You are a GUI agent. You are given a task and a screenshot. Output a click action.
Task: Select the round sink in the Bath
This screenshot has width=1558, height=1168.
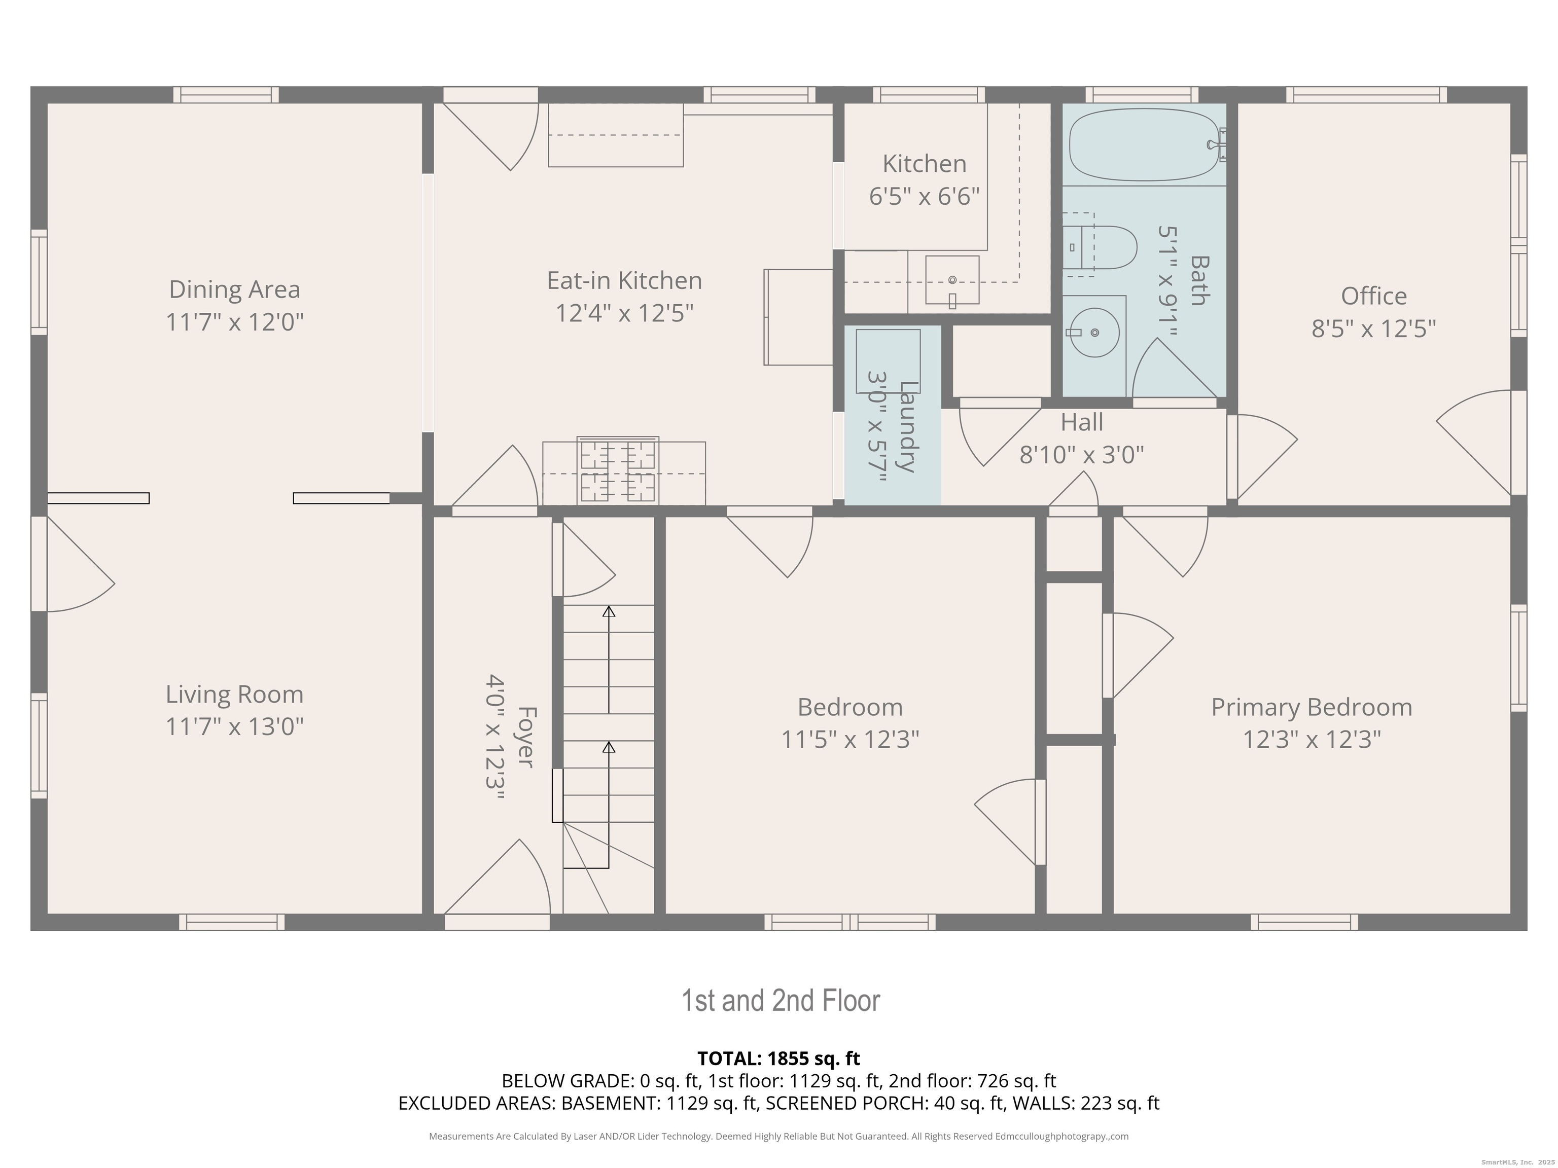(1094, 333)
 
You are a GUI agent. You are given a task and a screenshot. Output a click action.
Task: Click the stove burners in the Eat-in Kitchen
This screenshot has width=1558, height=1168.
(618, 470)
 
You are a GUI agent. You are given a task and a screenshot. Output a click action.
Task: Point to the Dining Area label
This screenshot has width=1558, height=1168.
(234, 289)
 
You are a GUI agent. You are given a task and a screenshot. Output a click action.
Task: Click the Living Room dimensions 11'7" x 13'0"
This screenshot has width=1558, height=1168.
(234, 726)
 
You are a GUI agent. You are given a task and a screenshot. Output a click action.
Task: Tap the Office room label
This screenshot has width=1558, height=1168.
(1373, 296)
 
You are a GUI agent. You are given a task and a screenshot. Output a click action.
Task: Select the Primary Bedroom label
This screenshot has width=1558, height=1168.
(1312, 707)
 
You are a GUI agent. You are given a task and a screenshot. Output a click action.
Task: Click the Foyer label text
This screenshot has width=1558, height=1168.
(525, 737)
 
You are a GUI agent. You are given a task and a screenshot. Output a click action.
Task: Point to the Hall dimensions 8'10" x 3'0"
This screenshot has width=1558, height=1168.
(1082, 455)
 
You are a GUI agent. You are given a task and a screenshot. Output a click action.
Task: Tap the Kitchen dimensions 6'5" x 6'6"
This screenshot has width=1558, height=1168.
(924, 196)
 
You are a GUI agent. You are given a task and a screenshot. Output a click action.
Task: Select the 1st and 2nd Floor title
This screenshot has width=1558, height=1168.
(781, 1000)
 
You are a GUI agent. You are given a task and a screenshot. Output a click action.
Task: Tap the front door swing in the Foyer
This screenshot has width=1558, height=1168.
(497, 877)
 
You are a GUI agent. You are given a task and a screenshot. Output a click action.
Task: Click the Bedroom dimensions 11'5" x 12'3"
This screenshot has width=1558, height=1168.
(850, 739)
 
